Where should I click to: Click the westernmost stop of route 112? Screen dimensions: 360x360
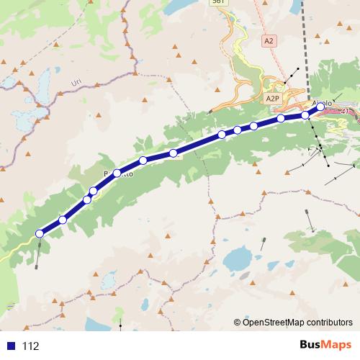(40, 233)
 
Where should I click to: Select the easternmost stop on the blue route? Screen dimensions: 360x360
(320, 107)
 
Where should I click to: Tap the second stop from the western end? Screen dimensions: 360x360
(63, 220)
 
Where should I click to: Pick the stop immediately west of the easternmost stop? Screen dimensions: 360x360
(306, 114)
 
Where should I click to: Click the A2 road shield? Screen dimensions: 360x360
(269, 41)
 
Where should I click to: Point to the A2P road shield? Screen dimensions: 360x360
(272, 98)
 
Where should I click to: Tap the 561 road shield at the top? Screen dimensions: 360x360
(219, 3)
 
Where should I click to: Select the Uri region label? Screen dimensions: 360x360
(77, 84)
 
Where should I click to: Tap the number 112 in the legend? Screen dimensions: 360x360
(30, 346)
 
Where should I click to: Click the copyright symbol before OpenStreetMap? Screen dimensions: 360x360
(238, 322)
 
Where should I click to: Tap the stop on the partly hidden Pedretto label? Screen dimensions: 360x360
(117, 173)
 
